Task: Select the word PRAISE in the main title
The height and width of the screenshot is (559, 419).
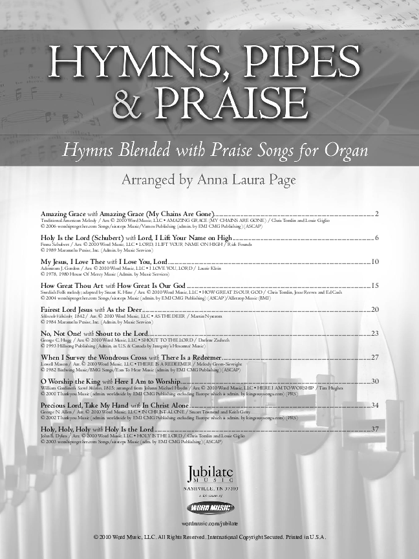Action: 231,102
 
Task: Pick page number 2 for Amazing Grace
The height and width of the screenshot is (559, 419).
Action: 376,213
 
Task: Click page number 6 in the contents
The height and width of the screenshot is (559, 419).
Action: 376,238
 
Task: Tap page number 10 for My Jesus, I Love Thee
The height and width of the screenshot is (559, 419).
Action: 375,261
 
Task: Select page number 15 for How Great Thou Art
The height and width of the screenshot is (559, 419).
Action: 375,285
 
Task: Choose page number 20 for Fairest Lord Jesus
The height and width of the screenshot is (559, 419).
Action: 375,310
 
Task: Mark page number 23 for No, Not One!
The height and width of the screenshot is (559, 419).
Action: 375,333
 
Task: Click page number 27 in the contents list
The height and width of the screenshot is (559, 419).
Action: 375,357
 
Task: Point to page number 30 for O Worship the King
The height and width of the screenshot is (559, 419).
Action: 375,382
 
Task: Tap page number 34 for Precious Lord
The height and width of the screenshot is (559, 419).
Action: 375,405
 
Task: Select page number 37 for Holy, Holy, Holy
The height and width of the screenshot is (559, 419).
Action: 375,429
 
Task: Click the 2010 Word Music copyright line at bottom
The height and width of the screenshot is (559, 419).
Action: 209,537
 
